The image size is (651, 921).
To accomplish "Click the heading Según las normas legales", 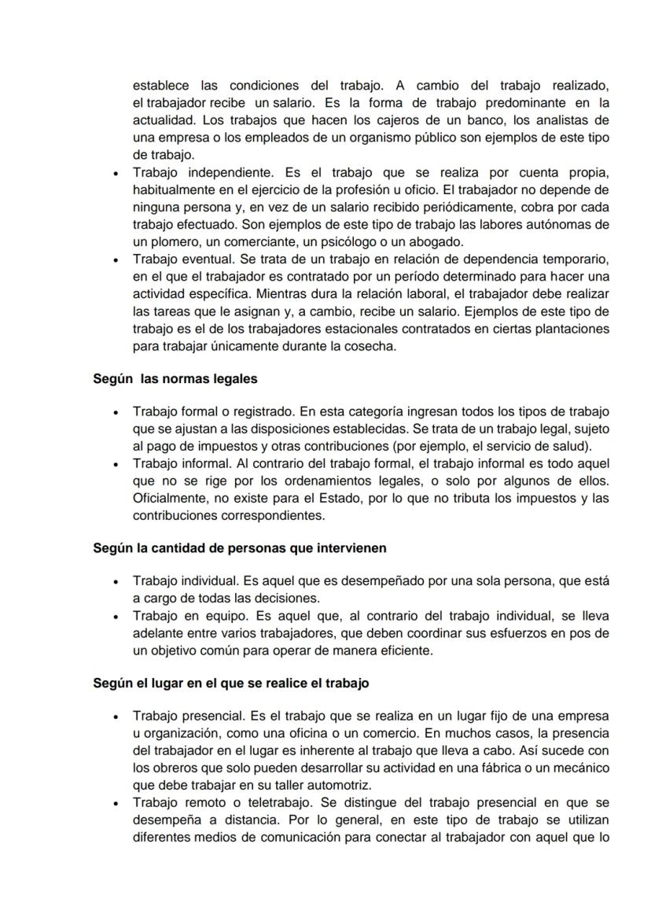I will point(175,378).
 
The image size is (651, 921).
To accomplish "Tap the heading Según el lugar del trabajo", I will point(230,683).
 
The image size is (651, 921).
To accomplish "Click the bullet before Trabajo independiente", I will point(116,173).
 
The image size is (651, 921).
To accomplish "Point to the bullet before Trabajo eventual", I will point(116,259).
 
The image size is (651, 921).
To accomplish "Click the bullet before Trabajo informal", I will point(116,463).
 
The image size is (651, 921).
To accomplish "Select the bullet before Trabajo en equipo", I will point(116,617).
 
